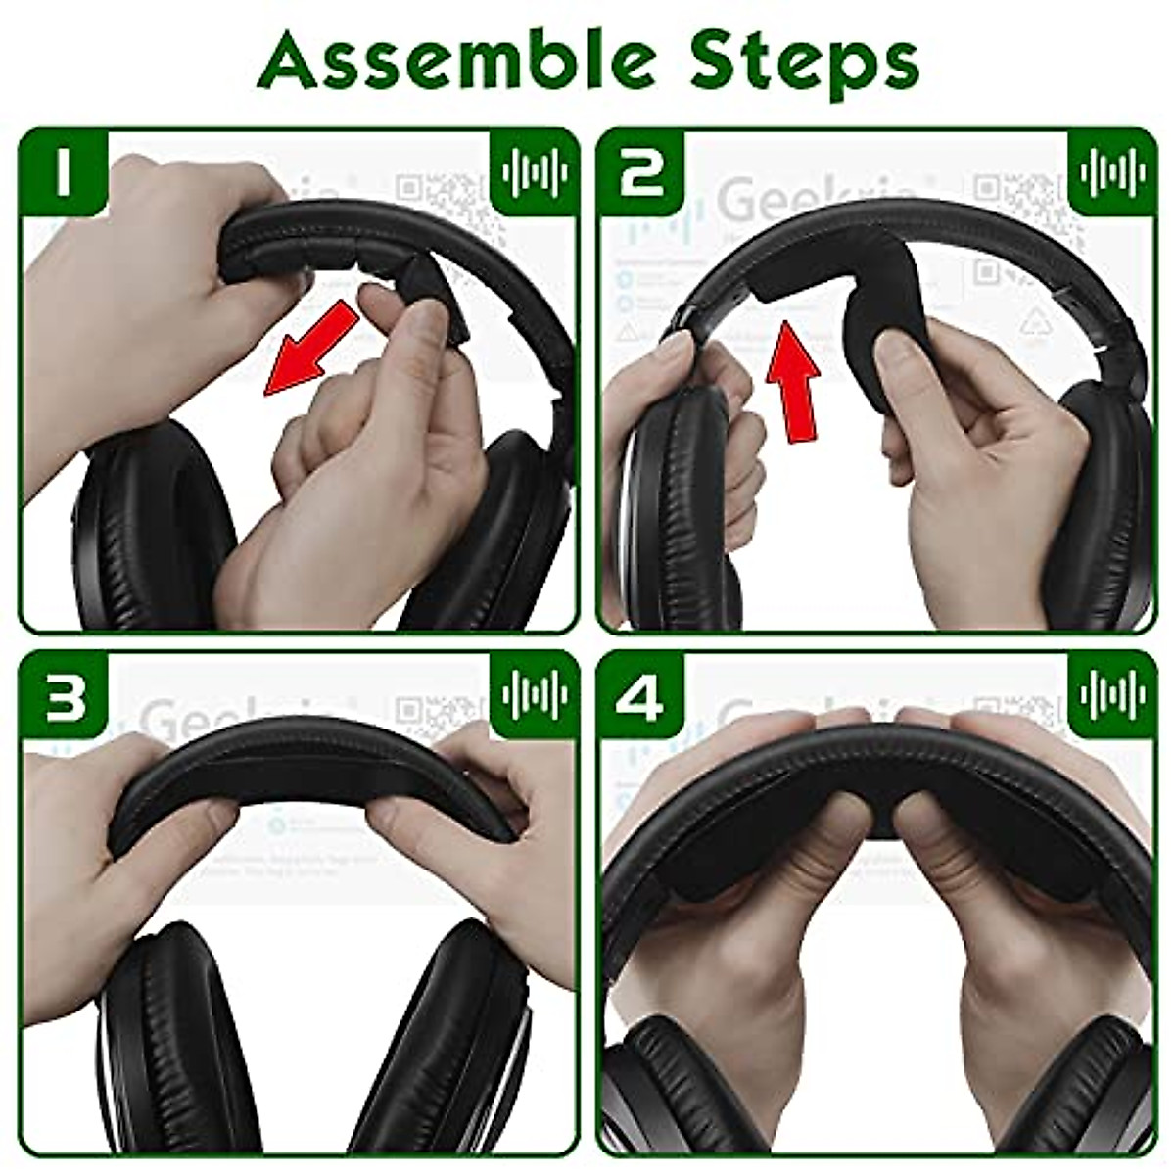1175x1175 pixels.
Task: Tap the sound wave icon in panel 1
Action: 533,172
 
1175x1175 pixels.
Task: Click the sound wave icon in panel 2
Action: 1112,172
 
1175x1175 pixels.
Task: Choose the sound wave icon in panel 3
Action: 533,697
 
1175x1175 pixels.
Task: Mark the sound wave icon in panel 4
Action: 1112,697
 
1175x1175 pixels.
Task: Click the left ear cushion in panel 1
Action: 157,529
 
